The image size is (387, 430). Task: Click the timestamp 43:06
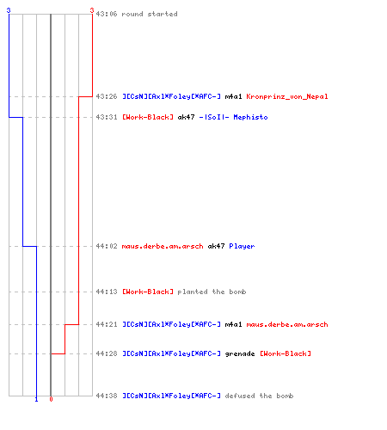click(x=107, y=14)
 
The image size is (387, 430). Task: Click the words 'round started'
click(x=150, y=14)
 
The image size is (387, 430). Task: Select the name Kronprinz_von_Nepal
click(x=287, y=96)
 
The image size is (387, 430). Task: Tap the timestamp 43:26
click(x=107, y=96)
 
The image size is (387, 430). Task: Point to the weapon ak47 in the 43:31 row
click(x=186, y=117)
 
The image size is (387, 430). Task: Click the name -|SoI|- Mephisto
click(x=233, y=117)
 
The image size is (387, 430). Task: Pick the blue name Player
click(x=242, y=246)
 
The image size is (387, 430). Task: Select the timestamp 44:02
click(x=107, y=246)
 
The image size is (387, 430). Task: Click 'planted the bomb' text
click(x=212, y=292)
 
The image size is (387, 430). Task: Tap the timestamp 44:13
click(x=107, y=292)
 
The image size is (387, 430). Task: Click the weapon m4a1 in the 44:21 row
click(x=233, y=324)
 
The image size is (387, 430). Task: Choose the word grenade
click(x=240, y=353)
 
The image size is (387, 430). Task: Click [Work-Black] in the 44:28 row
click(x=286, y=353)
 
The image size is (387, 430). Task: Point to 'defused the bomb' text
click(x=259, y=396)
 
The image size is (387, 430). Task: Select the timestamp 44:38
click(x=107, y=396)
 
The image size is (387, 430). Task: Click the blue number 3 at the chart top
click(x=9, y=10)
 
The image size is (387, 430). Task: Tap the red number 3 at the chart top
click(x=92, y=10)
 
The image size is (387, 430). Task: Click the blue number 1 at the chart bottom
click(x=36, y=399)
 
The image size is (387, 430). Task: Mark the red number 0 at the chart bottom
click(x=51, y=399)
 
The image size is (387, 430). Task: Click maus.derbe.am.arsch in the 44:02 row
click(x=163, y=246)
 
